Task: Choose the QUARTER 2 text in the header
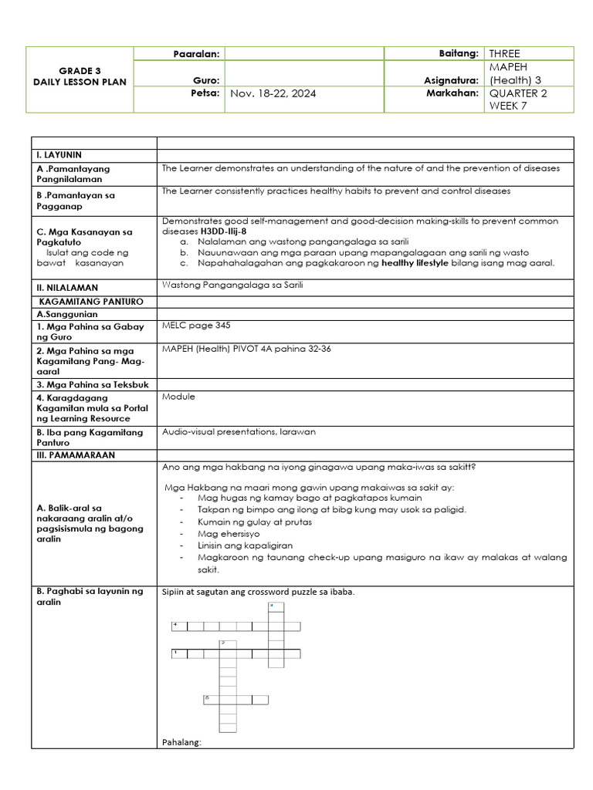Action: point(517,93)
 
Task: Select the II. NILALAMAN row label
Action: point(66,288)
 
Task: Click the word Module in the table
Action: point(178,397)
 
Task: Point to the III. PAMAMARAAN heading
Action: point(73,455)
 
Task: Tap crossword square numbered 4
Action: point(177,626)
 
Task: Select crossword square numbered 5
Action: point(208,699)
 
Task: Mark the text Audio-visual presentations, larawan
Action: point(239,432)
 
